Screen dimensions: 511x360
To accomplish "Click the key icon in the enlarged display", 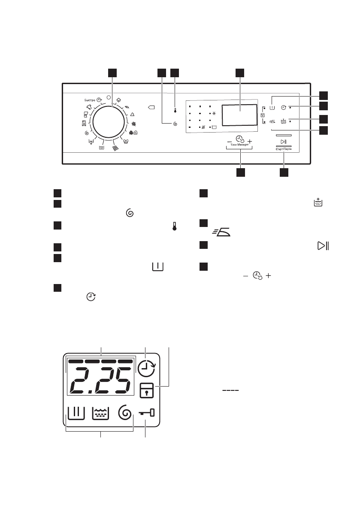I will coord(146,414).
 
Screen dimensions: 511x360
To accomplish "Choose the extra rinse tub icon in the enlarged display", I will coord(101,414).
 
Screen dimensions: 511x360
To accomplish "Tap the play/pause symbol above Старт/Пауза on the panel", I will coord(283,142).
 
